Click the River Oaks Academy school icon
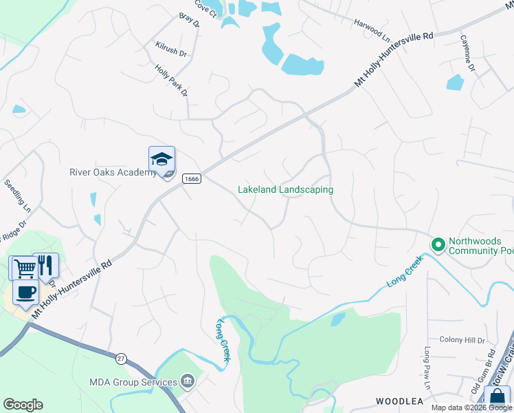[x=161, y=159]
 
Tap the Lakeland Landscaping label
[x=285, y=189]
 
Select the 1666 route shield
[x=191, y=179]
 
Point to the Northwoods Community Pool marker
[x=437, y=244]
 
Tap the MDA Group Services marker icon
[x=186, y=382]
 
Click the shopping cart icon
[x=24, y=267]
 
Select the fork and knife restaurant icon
[x=45, y=265]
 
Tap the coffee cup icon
[x=25, y=292]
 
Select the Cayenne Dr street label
[x=467, y=53]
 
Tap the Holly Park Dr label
[x=171, y=81]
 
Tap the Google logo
[x=23, y=405]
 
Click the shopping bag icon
[x=497, y=398]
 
